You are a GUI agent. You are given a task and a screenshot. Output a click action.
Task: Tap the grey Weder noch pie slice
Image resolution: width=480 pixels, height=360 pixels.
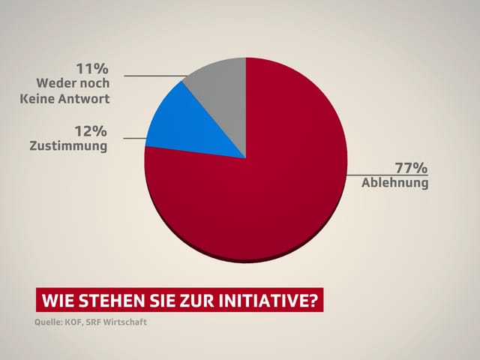221,90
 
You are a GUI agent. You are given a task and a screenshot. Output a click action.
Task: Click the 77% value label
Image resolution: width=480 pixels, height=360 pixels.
412,168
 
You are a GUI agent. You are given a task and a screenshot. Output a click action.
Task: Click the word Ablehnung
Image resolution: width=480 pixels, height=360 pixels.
395,182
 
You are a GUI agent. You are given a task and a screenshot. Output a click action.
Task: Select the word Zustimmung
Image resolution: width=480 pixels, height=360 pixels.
69,146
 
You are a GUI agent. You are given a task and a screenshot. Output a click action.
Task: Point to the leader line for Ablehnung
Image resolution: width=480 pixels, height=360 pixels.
386,175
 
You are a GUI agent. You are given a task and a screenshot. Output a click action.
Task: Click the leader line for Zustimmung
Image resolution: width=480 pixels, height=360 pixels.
133,138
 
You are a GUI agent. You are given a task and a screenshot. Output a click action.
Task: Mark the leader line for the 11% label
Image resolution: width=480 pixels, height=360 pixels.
154,75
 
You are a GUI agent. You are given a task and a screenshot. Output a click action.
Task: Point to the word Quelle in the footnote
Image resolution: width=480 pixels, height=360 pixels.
49,324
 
